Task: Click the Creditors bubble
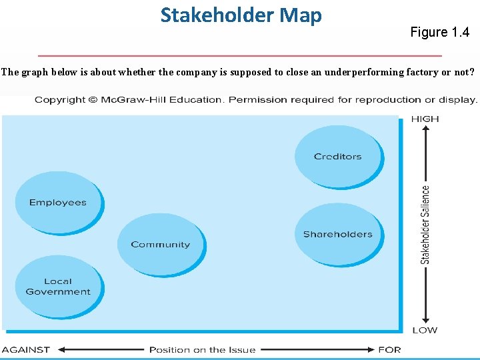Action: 338,157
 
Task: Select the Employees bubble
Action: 58,203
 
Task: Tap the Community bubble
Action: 160,245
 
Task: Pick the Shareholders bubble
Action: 338,234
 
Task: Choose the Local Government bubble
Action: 58,287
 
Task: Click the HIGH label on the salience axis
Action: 425,119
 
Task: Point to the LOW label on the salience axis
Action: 425,330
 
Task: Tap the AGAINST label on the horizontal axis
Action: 26,349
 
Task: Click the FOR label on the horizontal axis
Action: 389,349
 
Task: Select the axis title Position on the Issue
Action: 202,349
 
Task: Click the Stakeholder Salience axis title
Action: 425,225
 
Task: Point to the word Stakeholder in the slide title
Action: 213,15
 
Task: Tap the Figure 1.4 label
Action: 439,32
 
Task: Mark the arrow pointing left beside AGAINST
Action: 63,349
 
